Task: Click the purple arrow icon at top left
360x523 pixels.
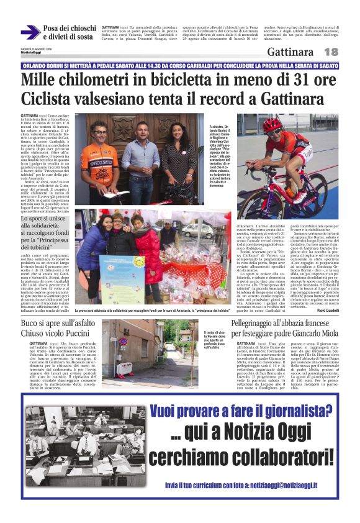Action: point(30,32)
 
